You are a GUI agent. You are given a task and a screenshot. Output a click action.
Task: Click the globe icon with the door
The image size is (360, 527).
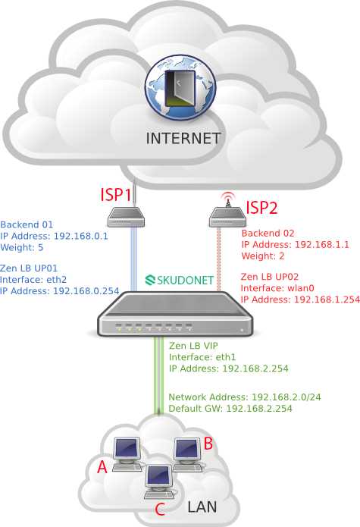pos(180,88)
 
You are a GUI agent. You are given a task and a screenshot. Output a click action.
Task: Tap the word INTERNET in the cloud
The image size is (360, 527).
pos(183,138)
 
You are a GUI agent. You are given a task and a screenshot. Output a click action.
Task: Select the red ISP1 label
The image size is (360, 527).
pos(115,195)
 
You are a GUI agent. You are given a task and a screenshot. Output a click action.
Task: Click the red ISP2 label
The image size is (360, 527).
pos(261,207)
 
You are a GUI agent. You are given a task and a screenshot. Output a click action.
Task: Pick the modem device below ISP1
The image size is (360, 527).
pos(126,218)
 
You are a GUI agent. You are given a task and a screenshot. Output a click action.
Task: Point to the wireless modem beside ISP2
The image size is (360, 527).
pos(227,218)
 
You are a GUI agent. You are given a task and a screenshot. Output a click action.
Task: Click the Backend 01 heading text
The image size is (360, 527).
pos(27,224)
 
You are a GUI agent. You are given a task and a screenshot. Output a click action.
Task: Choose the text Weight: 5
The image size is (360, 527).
pos(22,247)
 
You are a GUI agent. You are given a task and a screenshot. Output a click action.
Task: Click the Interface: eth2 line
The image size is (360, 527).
pos(33,280)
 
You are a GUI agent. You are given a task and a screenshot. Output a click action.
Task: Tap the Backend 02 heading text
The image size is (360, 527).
pos(268,234)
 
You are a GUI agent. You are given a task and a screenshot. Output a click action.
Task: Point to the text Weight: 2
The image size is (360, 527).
pos(263,256)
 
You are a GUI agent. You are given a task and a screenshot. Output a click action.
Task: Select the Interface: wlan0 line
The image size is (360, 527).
pos(277,288)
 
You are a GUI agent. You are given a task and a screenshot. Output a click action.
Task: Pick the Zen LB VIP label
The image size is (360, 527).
pos(193,346)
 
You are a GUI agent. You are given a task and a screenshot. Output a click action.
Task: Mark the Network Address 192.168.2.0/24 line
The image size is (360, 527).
pos(245,397)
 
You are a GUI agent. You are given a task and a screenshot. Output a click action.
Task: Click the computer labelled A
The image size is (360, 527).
pos(127,454)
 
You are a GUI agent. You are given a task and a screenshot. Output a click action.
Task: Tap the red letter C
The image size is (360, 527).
pos(160,509)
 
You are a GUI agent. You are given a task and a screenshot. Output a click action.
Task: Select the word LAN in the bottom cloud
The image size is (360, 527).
pos(202,507)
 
